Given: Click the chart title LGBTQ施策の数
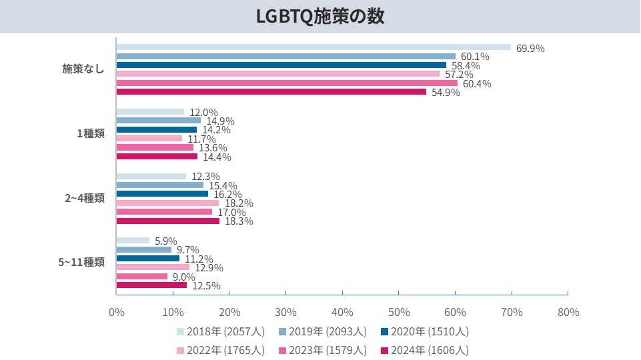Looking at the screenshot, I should click(x=320, y=17).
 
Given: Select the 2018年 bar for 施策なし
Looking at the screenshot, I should click(x=313, y=47).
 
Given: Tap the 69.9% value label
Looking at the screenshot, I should click(x=530, y=48).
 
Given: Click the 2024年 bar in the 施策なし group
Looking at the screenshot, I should click(x=271, y=91).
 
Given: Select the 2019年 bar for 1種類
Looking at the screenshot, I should click(x=158, y=121).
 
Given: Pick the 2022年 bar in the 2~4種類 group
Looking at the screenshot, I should click(x=167, y=203).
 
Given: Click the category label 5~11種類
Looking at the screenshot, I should click(x=81, y=262).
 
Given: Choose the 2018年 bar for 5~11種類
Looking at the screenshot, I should click(x=133, y=241).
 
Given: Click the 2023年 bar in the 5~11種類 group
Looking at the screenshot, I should click(x=141, y=276).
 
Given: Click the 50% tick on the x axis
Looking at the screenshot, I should click(x=398, y=312).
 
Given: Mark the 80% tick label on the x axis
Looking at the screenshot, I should click(x=568, y=312).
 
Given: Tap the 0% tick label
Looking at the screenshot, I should click(x=116, y=312).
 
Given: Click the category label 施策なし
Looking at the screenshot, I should click(x=83, y=69).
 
